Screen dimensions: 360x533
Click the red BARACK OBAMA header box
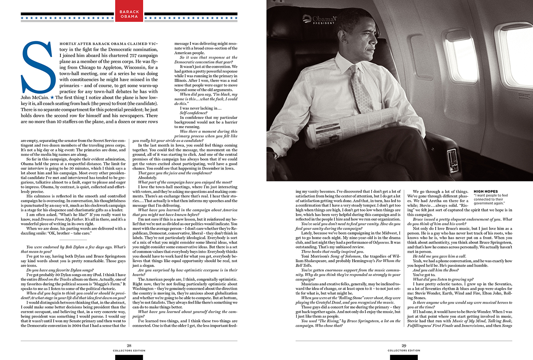[x=129, y=11]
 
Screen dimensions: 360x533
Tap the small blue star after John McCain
[x=52, y=97]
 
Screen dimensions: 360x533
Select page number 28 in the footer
[x=129, y=345]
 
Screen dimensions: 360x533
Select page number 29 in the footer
[x=404, y=345]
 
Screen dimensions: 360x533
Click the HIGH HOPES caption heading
[x=486, y=191]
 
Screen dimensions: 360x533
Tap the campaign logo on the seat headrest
[x=319, y=18]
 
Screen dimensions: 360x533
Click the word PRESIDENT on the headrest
[x=323, y=23]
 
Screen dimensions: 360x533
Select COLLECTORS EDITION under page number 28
[x=129, y=351]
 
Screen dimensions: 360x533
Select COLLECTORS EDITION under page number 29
[x=404, y=351]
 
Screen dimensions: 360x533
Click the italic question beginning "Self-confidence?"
[x=193, y=113]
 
